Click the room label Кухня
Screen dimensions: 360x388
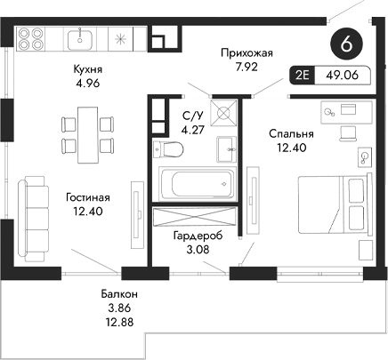coord(86,68)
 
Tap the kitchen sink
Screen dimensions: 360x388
coord(84,37)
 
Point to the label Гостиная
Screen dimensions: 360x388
coord(86,196)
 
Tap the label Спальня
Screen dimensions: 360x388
coord(290,133)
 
